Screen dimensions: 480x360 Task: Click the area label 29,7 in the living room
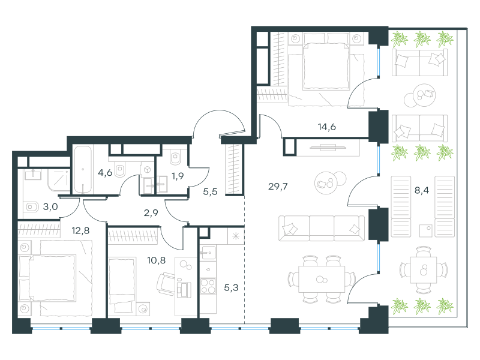click(x=278, y=186)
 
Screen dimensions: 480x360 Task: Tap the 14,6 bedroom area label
click(x=326, y=127)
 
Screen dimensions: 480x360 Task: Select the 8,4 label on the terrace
click(x=422, y=190)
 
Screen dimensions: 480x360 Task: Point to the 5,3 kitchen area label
click(x=231, y=287)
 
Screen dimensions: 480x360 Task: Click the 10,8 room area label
click(x=157, y=260)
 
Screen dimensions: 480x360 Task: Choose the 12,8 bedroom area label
click(x=80, y=230)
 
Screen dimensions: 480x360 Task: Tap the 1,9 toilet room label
click(x=178, y=176)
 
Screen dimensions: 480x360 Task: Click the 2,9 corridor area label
click(x=151, y=213)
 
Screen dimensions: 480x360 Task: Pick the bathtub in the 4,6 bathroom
click(x=83, y=170)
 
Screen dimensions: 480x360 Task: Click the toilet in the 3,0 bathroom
click(x=31, y=207)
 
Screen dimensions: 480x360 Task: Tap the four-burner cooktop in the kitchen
click(x=208, y=287)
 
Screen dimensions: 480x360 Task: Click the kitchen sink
click(x=208, y=253)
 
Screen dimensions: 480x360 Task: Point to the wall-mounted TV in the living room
click(x=328, y=148)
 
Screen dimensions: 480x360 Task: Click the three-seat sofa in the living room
click(x=322, y=228)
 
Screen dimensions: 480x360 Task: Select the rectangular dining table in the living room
click(x=322, y=279)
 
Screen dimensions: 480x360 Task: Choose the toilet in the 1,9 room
click(x=175, y=157)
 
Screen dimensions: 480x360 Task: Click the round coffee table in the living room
click(x=326, y=183)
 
